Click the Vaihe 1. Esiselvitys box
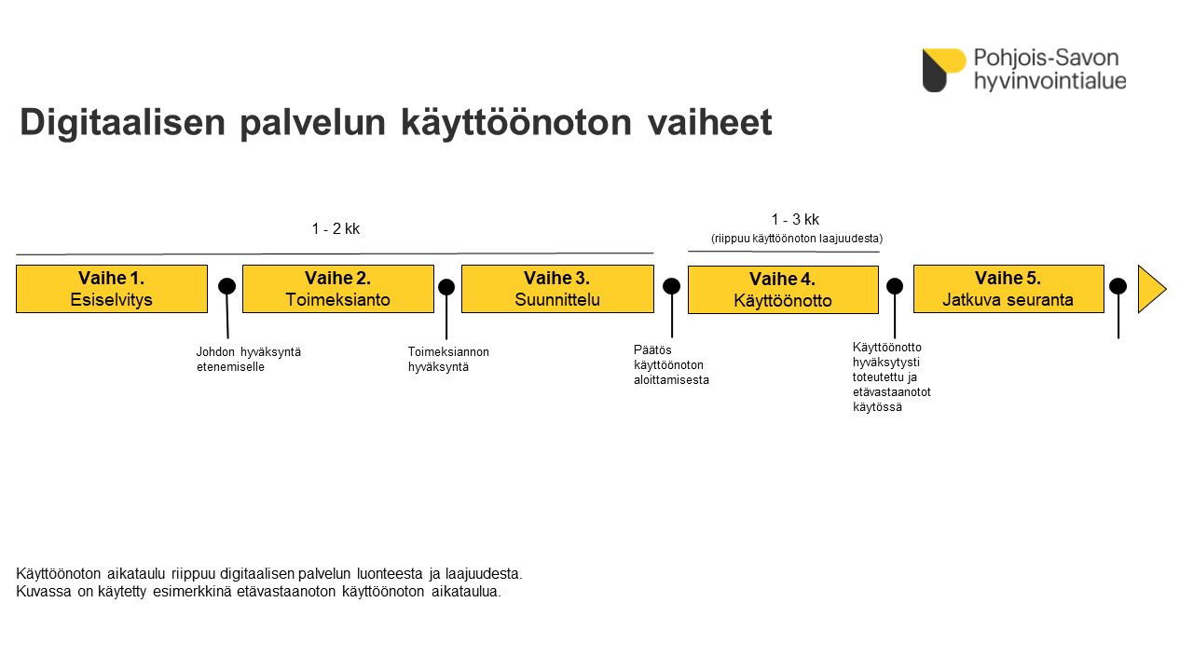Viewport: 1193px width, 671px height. point(112,289)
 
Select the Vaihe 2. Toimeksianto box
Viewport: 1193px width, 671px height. point(338,289)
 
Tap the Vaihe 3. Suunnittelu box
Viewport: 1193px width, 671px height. point(557,289)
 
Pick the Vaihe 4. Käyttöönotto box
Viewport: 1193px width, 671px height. point(783,290)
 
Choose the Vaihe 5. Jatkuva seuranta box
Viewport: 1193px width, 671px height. point(1008,289)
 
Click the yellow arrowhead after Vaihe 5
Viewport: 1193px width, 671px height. point(1151,289)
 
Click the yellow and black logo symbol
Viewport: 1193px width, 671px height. point(944,70)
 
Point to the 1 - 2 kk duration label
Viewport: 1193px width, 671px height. point(336,229)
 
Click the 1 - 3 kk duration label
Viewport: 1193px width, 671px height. point(795,219)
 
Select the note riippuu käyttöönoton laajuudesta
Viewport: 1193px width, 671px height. point(797,239)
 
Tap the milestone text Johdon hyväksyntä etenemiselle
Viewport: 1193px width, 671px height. point(249,360)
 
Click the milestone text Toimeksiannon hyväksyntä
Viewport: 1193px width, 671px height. point(448,360)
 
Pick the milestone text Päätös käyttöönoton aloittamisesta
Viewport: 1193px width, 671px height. point(671,364)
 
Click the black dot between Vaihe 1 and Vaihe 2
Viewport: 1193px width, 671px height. point(226,286)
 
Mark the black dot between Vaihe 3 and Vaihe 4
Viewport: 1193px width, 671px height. point(672,286)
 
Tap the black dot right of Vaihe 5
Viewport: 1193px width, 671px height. point(1118,286)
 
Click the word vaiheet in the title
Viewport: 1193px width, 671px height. point(710,122)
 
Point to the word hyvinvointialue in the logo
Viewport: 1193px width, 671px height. point(1050,81)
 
